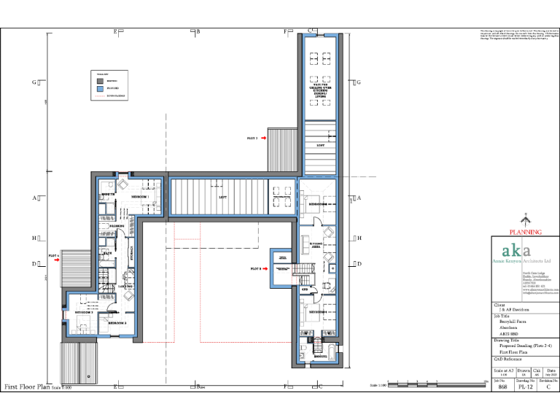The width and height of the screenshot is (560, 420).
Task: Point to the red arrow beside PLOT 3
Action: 268,269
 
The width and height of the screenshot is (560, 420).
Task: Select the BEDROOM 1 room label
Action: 140,198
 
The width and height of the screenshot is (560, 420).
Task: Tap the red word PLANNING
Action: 525,232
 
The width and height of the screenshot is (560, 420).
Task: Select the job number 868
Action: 502,389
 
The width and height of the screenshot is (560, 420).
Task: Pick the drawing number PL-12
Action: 524,389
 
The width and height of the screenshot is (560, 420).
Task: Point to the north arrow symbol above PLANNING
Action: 525,219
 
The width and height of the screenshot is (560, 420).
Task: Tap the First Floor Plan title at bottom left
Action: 28,387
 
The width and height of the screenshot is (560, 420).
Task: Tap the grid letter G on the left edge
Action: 34,82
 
